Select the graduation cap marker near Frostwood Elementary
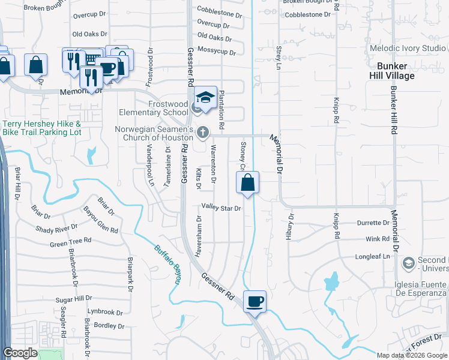pos(205,98)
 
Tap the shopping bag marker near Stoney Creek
pos(247,182)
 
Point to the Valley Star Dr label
pos(221,208)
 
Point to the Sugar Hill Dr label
pos(73,298)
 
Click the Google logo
pos(20,353)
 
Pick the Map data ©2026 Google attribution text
pos(412,355)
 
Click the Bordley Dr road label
pos(109,326)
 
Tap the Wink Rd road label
pos(378,239)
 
